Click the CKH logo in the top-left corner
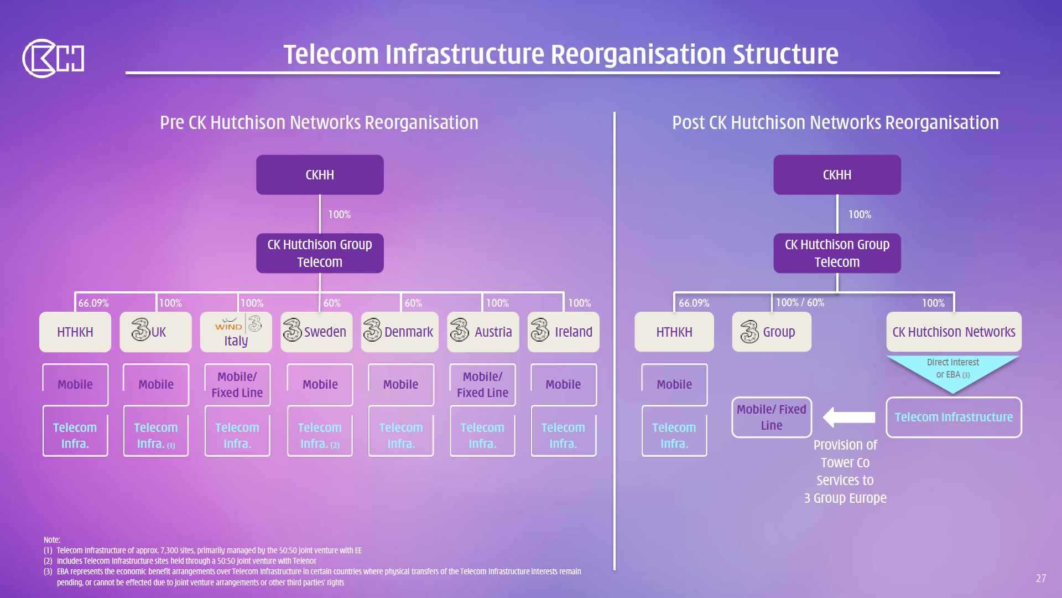pos(53,58)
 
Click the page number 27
pos(1040,578)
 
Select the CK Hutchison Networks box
pos(954,332)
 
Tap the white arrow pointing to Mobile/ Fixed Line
pos(849,417)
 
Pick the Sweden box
pos(316,332)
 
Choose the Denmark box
pos(399,332)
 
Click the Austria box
pos(482,332)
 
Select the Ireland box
pos(563,332)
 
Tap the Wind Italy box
pos(236,332)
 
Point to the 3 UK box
pos(155,332)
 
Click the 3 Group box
pos(771,332)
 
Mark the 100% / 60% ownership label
pos(800,302)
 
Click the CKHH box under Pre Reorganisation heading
pos(320,174)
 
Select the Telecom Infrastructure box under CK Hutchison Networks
pos(954,417)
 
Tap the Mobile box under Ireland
pos(563,384)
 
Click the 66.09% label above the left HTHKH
pos(93,303)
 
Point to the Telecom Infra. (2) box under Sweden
pos(320,435)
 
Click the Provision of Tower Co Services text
pos(845,471)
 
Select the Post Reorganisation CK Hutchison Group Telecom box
pos(837,253)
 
